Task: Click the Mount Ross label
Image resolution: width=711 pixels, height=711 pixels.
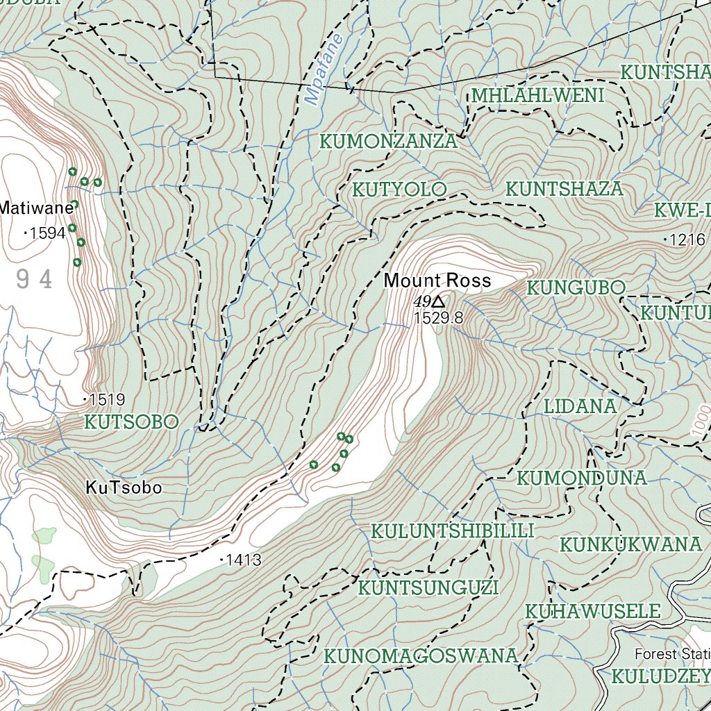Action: pyautogui.click(x=437, y=281)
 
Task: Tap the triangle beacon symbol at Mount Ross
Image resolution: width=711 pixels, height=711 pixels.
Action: pyautogui.click(x=438, y=301)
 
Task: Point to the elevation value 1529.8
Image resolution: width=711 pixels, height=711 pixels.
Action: pyautogui.click(x=437, y=319)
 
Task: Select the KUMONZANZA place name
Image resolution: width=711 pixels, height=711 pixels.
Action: pyautogui.click(x=388, y=142)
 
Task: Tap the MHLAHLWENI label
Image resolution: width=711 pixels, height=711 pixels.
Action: pyautogui.click(x=537, y=96)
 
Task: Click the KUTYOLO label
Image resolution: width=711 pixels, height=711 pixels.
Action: pyautogui.click(x=399, y=190)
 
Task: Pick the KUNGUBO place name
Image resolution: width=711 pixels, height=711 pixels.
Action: pyautogui.click(x=576, y=287)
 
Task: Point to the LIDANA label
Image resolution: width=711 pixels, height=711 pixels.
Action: pyautogui.click(x=580, y=406)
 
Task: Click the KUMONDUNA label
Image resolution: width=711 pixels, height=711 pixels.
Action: pyautogui.click(x=582, y=478)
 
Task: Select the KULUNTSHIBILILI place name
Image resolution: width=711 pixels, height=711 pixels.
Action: pyautogui.click(x=452, y=532)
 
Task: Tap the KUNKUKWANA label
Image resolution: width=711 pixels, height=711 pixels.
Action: pyautogui.click(x=631, y=545)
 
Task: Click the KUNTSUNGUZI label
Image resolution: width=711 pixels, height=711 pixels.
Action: pyautogui.click(x=428, y=588)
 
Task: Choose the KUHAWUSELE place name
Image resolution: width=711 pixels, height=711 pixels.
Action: pyautogui.click(x=592, y=612)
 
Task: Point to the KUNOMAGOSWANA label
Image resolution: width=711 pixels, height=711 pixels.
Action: pyautogui.click(x=421, y=656)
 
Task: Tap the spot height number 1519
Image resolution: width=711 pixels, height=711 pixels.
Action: pyautogui.click(x=107, y=399)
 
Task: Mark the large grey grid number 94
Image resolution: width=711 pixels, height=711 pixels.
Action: pyautogui.click(x=35, y=280)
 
